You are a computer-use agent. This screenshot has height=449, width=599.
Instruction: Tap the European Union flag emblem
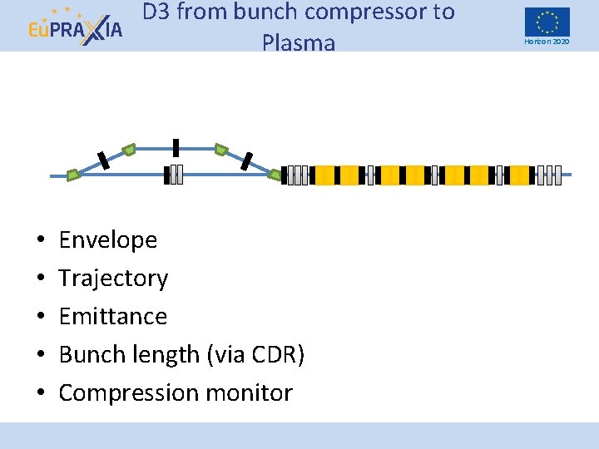[547, 21]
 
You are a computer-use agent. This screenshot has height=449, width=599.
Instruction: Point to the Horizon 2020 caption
[547, 42]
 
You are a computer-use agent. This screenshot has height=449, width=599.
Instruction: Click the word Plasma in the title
[298, 42]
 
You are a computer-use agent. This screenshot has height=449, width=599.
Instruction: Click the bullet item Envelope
[108, 239]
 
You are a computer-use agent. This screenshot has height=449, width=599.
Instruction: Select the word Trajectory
[113, 278]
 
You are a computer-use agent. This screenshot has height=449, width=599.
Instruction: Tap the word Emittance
[113, 316]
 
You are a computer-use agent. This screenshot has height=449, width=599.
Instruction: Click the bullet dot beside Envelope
[40, 240]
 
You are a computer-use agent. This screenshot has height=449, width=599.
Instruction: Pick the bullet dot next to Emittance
[40, 317]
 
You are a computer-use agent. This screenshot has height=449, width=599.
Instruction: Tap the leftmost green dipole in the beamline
[73, 175]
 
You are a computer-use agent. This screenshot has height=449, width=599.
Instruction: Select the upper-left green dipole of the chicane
[129, 150]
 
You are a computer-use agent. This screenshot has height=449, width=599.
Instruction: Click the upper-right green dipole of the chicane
[220, 150]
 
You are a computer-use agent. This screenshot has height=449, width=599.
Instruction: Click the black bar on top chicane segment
[176, 147]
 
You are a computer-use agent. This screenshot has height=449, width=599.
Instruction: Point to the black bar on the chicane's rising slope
[102, 160]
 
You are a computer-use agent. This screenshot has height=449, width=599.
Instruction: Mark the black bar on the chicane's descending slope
[246, 161]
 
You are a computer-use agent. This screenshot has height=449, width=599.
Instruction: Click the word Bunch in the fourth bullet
[91, 354]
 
